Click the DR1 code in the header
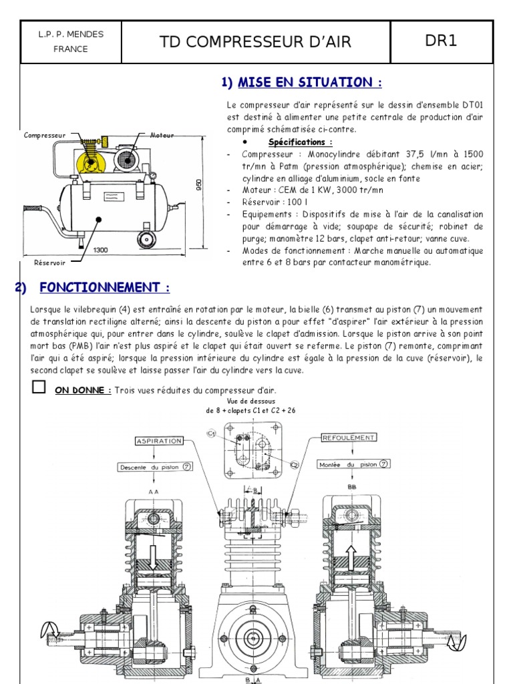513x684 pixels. (x=441, y=41)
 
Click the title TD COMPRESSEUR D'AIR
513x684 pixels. (x=255, y=42)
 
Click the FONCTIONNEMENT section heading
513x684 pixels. (x=104, y=288)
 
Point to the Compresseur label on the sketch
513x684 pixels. (x=43, y=136)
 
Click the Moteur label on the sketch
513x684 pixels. (x=162, y=136)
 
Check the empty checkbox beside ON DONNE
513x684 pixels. (x=39, y=387)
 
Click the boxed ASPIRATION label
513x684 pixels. (x=159, y=442)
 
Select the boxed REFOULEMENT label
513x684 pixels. (x=349, y=438)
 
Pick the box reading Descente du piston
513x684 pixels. (x=155, y=468)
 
